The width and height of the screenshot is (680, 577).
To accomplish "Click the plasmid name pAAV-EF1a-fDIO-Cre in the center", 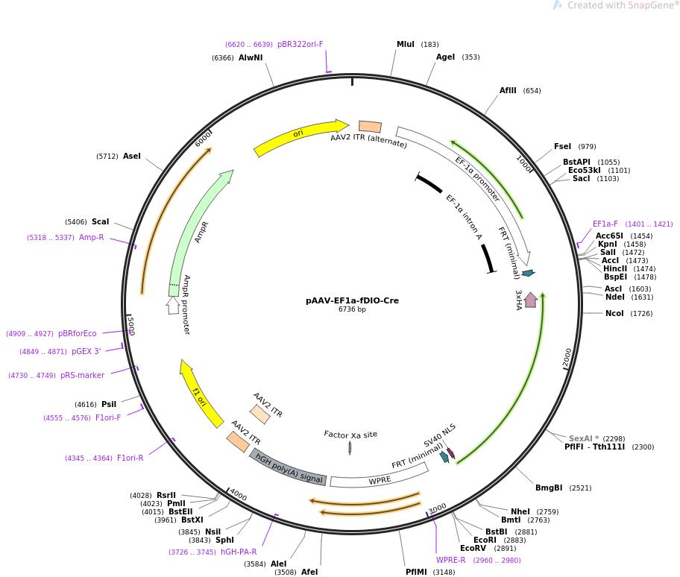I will [352, 300].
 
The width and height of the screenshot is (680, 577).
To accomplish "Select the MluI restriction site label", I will [405, 45].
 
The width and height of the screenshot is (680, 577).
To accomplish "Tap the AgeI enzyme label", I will [445, 57].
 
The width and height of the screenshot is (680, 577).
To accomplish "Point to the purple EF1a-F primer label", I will [605, 224].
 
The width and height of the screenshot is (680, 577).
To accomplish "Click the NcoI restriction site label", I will [614, 313].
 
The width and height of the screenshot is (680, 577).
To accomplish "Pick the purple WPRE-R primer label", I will [450, 560].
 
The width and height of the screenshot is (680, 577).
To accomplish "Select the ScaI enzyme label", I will [100, 221].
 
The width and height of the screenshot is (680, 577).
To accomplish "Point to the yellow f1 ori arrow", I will [201, 392].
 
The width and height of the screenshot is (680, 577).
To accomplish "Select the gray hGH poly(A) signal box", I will [288, 467].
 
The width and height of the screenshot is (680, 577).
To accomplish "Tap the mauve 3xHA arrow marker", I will [531, 300].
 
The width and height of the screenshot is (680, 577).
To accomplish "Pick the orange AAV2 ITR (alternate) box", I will [370, 127].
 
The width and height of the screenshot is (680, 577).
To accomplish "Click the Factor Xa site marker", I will [350, 447].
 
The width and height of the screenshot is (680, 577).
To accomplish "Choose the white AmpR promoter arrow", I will [173, 304].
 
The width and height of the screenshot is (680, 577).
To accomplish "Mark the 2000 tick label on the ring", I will [567, 357].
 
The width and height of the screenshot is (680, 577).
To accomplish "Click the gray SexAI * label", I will [584, 438].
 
